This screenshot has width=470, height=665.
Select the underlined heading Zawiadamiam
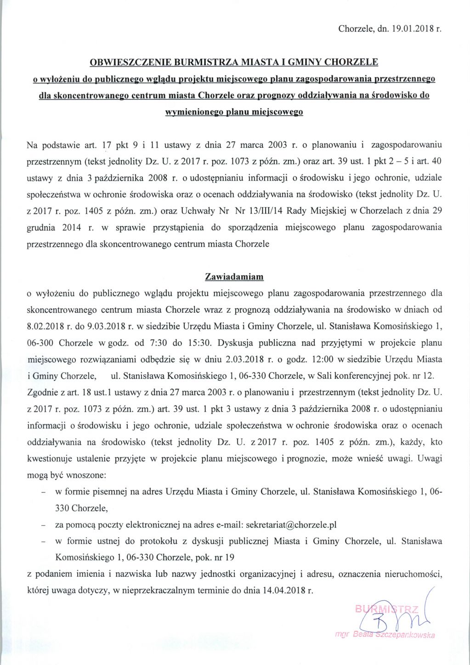[x=234, y=277]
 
